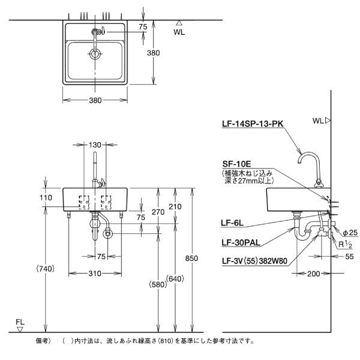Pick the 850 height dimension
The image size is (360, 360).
(x=191, y=258)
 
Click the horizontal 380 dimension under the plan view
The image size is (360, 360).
(x=95, y=100)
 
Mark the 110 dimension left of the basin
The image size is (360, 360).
(x=47, y=197)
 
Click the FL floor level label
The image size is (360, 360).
(x=20, y=322)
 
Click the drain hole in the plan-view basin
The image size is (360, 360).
(x=95, y=54)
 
